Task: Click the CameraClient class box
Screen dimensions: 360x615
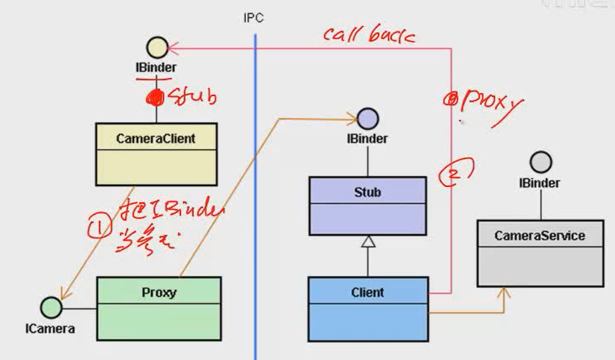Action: click(156, 154)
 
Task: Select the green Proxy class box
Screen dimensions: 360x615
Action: click(159, 309)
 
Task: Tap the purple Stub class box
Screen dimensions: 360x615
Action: click(368, 206)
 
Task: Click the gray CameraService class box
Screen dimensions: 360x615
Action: click(540, 254)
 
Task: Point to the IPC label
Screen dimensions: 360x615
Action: click(253, 18)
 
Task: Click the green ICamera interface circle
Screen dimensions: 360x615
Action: click(51, 308)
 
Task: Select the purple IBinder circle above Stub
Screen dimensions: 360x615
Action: click(367, 119)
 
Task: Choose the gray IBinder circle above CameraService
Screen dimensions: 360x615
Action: click(541, 163)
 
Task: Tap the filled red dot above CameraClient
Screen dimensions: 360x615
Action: click(154, 97)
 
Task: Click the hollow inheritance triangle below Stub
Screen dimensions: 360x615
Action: click(368, 241)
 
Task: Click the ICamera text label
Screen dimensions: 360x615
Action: click(50, 328)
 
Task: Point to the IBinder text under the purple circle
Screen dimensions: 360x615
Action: click(367, 139)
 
